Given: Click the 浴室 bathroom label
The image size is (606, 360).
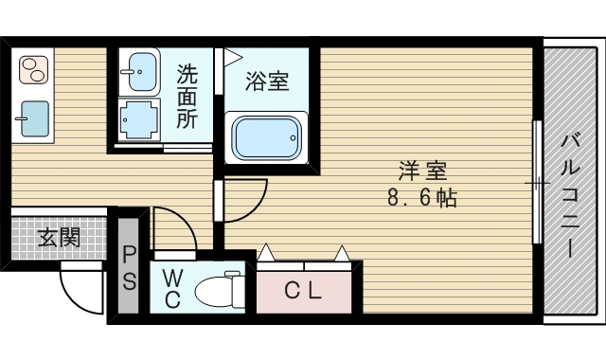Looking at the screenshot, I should (x=266, y=81).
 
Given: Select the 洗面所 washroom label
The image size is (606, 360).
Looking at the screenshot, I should (x=187, y=96).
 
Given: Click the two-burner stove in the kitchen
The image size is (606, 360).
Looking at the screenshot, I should (x=33, y=70).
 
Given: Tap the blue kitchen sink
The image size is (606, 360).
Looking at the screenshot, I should (x=32, y=119).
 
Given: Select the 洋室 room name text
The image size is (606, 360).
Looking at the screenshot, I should (x=421, y=171).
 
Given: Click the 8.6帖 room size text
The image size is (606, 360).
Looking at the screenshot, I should (x=421, y=199).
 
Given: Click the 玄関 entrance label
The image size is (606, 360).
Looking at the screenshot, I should (x=58, y=237).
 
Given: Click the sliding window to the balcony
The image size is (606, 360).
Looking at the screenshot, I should (x=537, y=180).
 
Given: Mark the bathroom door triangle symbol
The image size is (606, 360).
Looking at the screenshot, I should (x=230, y=57).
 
